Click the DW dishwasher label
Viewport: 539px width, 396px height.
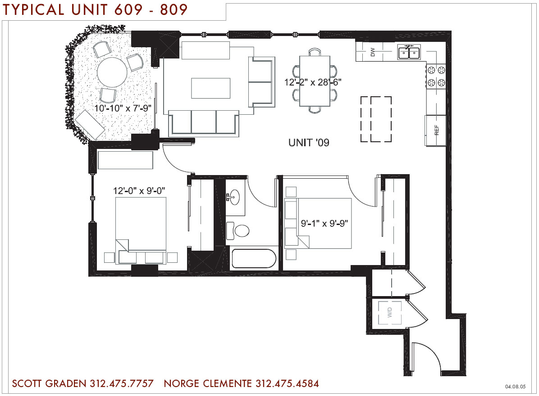coord(373,52)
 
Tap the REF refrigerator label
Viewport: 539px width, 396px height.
coord(437,130)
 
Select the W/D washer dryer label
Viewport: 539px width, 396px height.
coord(389,312)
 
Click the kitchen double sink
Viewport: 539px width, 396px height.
coord(409,52)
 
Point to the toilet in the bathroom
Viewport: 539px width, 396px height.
coord(238,230)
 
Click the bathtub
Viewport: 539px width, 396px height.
coord(254,259)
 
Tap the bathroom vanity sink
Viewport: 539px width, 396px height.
coord(235,197)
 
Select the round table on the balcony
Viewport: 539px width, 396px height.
coord(112,72)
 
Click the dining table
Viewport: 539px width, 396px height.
coord(315,81)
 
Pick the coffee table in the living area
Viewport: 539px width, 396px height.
coord(211,88)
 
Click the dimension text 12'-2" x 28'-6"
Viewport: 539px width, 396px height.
coord(312,82)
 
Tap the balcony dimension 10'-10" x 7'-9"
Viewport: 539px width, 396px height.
coord(123,108)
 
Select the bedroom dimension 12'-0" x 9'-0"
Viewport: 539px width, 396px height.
coord(139,190)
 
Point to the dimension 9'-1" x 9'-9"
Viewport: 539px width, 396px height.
coord(324,223)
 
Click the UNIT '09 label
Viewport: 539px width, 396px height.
coord(309,142)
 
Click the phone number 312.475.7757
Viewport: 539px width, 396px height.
coord(122,383)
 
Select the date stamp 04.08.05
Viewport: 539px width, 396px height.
coord(515,387)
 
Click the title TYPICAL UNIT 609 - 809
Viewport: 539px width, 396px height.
coord(95,9)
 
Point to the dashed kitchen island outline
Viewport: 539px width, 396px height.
coord(376,119)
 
